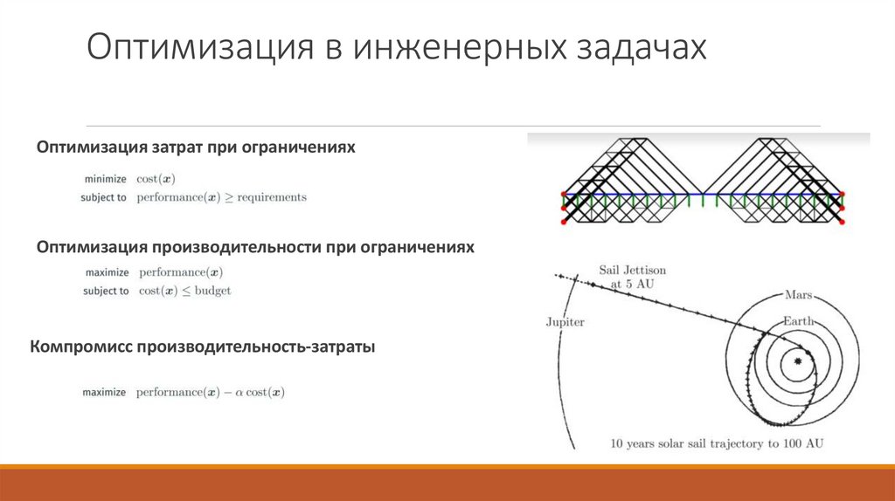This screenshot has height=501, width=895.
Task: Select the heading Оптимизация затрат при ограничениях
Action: pyautogui.click(x=196, y=148)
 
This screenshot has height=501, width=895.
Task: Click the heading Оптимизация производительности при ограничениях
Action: pyautogui.click(x=255, y=247)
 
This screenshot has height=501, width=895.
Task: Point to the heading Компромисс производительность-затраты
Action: pyautogui.click(x=203, y=347)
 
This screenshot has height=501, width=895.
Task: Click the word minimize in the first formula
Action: pyautogui.click(x=105, y=179)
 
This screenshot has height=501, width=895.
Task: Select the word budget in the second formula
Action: pyautogui.click(x=212, y=291)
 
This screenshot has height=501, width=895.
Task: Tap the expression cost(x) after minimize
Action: pyautogui.click(x=156, y=179)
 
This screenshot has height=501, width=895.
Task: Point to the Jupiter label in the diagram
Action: pyautogui.click(x=565, y=322)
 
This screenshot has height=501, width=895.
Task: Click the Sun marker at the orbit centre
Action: pyautogui.click(x=797, y=360)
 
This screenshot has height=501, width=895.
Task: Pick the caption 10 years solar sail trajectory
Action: pyautogui.click(x=717, y=443)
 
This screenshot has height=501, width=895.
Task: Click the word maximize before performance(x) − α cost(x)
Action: pyautogui.click(x=106, y=393)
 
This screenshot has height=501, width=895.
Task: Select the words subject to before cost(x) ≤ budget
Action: pyautogui.click(x=106, y=291)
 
